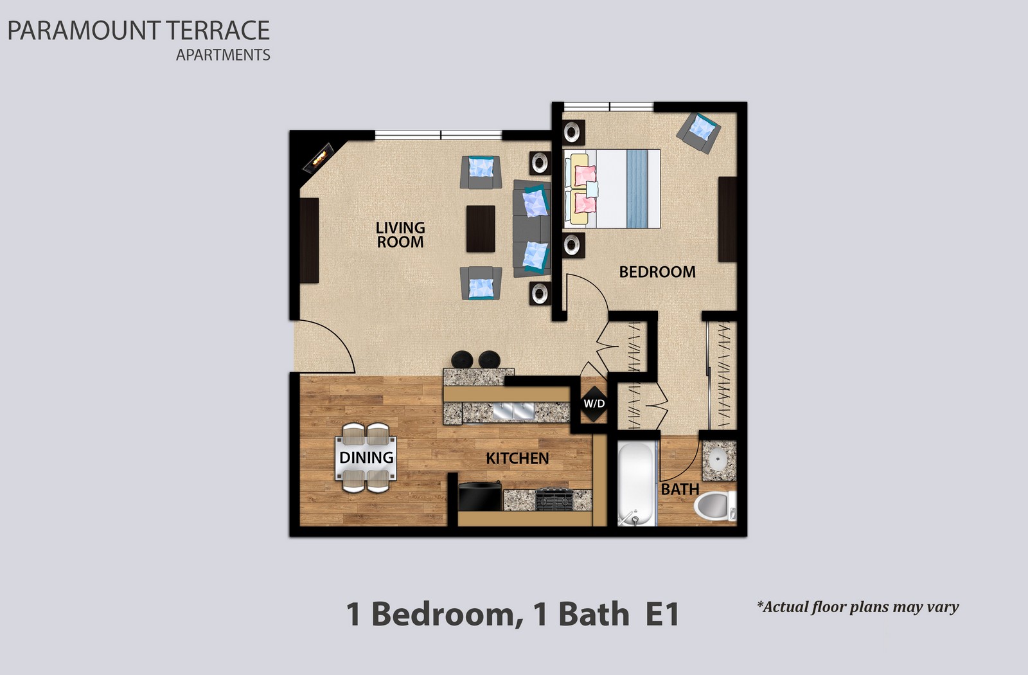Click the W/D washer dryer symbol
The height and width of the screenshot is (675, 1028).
coord(594,404)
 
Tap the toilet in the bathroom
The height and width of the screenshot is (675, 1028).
coord(714,506)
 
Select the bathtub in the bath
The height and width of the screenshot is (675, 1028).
coord(635,483)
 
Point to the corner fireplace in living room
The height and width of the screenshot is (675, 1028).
coord(317,158)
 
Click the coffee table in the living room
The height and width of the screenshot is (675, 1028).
coord(481,229)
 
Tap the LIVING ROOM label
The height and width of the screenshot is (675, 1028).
coord(400,235)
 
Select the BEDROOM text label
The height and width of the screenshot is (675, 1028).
coord(657,272)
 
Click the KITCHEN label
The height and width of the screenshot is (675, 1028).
coord(517,458)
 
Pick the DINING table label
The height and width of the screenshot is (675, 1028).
coord(366,458)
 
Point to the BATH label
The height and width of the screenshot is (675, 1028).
coord(680,489)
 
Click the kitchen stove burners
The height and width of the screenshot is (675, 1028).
coord(554,500)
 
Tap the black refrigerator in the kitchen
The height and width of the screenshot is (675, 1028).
coord(480,496)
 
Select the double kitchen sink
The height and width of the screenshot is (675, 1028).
coord(513,411)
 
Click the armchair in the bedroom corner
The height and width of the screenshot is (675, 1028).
coord(698,132)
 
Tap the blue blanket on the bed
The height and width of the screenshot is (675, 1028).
coord(637,189)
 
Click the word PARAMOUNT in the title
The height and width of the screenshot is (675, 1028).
coord(84,31)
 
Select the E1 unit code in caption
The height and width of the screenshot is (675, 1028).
coord(662,614)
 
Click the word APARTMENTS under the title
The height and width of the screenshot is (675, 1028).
coord(223,55)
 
